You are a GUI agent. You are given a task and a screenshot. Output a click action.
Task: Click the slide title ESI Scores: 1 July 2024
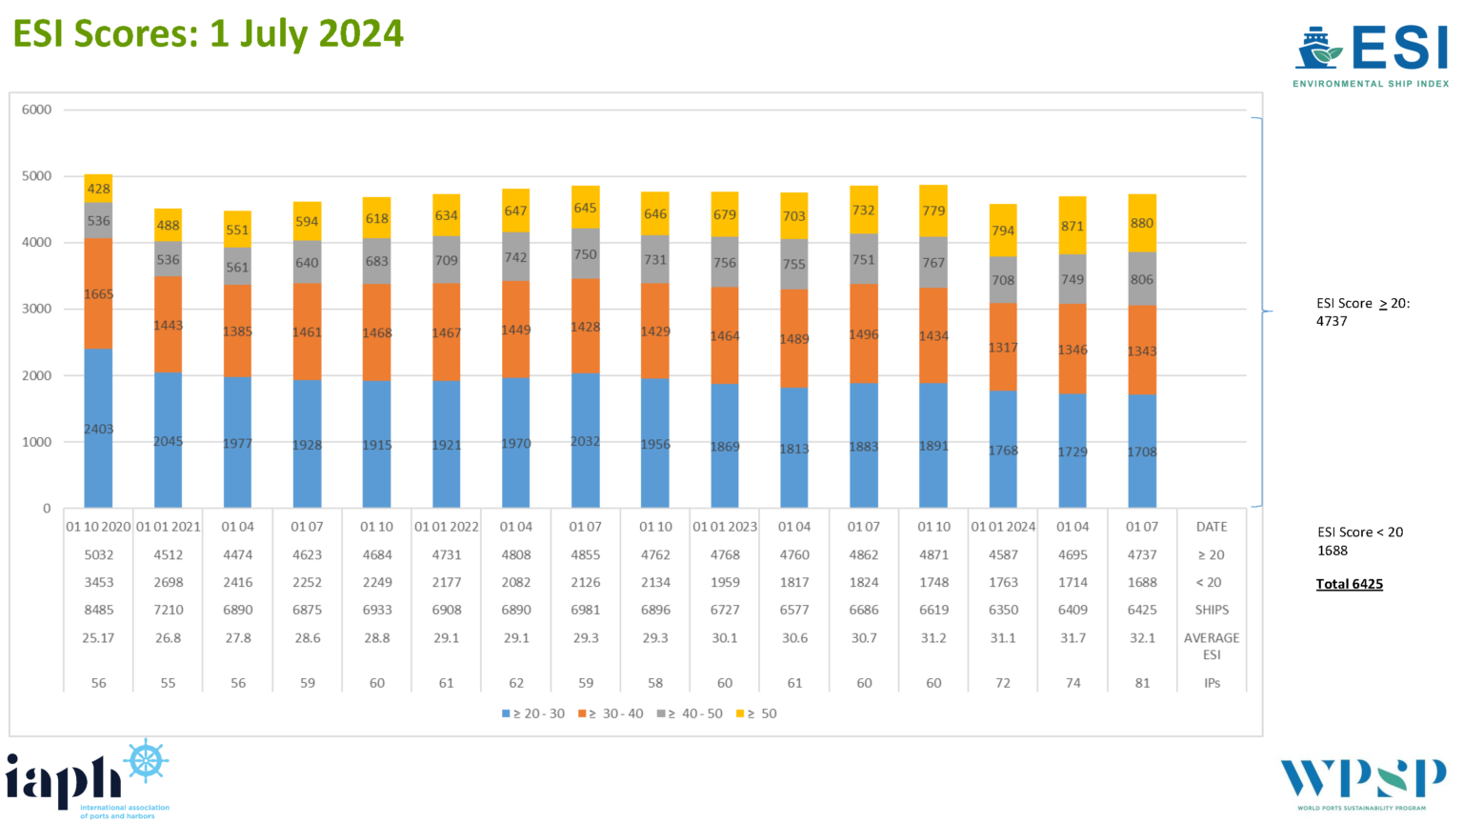click(x=208, y=34)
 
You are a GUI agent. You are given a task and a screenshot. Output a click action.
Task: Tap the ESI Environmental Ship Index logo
click(x=1371, y=56)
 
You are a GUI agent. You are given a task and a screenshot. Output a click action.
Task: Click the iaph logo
click(x=87, y=780)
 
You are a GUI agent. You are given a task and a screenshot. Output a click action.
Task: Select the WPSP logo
click(x=1362, y=783)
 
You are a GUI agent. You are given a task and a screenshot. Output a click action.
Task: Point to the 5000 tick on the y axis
click(x=37, y=176)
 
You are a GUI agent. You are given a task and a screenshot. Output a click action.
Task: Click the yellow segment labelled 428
click(x=98, y=189)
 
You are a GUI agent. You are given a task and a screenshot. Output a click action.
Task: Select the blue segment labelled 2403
click(x=98, y=429)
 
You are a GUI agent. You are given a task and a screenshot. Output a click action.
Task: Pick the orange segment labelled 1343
click(x=1142, y=351)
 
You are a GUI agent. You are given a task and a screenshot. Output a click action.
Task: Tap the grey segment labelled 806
click(x=1142, y=279)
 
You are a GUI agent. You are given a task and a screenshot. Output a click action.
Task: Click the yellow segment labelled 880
click(x=1142, y=223)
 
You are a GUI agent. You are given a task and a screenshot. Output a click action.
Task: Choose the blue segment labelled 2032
click(x=586, y=441)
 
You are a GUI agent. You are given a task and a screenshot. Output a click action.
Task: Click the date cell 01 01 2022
click(x=447, y=527)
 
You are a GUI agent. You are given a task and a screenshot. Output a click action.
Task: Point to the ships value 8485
click(x=98, y=610)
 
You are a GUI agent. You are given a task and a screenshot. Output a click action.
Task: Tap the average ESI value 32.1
click(x=1142, y=638)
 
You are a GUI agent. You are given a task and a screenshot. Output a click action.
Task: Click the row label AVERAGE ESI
click(x=1212, y=646)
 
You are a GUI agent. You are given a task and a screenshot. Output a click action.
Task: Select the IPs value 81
click(x=1142, y=683)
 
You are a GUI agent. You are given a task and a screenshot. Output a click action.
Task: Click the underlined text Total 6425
click(x=1349, y=584)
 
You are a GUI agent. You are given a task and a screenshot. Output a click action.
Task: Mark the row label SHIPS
click(x=1212, y=610)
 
